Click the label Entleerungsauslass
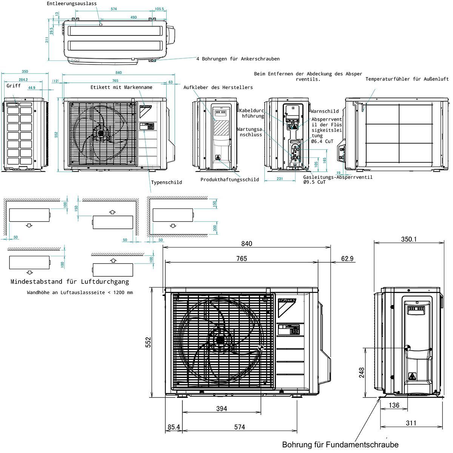72,3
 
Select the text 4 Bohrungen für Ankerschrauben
238,59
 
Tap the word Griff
14,86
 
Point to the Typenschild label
166,182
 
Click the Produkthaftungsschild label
230,180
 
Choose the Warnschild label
325,111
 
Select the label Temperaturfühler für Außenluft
407,79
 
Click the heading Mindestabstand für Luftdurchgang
69,282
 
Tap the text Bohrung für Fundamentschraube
340,445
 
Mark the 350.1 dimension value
408,239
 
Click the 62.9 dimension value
347,259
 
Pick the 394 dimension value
222,408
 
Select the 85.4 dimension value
174,427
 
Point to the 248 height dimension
362,373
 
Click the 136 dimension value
394,405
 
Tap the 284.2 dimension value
23,80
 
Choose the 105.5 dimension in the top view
159,9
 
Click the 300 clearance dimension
215,228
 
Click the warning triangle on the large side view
412,376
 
